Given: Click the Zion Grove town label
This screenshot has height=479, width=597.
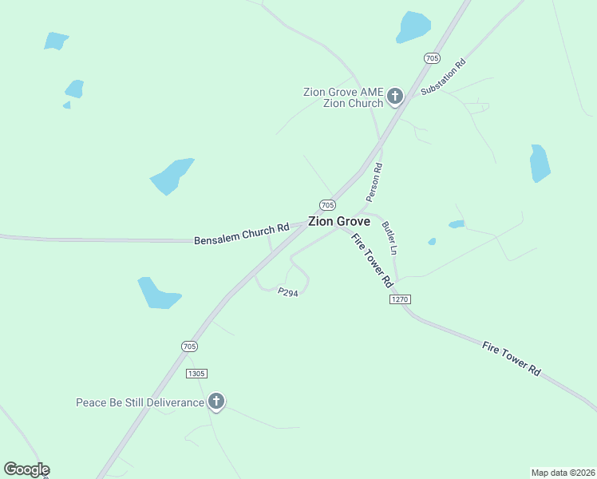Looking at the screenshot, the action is click(338, 221).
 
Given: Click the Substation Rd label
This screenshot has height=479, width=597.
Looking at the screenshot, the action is click(443, 77).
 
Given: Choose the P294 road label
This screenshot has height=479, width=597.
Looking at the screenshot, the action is click(288, 293).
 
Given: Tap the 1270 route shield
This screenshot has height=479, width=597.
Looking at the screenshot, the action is click(400, 299).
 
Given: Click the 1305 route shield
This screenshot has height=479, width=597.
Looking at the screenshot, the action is click(196, 374).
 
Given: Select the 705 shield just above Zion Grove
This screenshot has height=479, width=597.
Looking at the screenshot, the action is click(327, 204).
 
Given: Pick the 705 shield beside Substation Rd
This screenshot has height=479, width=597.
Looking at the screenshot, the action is click(431, 58).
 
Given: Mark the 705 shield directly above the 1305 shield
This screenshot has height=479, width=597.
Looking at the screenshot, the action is click(188, 346).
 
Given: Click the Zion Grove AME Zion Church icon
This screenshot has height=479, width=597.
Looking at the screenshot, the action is click(394, 97).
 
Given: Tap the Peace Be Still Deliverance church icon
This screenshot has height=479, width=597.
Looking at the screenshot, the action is click(215, 402).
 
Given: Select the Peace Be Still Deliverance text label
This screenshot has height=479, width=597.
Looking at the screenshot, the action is click(140, 402).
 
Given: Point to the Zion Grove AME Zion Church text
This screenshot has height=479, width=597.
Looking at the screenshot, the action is click(343, 97).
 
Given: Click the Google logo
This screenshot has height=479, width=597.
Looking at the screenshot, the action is click(26, 469).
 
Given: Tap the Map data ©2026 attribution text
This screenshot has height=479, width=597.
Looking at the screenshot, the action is click(563, 472).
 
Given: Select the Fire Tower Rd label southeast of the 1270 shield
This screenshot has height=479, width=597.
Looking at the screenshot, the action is click(512, 358).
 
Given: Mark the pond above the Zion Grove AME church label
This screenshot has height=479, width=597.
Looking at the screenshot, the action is click(413, 26).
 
